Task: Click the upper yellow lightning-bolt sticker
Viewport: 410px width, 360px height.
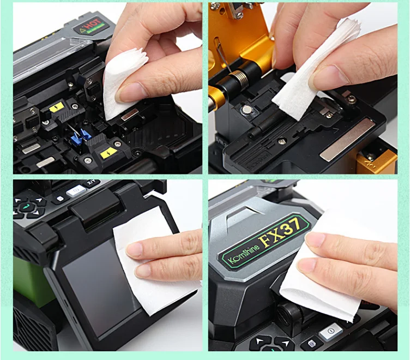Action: [57, 107]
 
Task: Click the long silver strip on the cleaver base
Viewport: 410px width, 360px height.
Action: [347, 139]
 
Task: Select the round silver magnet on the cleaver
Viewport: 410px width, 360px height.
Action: [248, 110]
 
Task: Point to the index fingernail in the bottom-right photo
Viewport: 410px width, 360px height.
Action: [316, 240]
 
